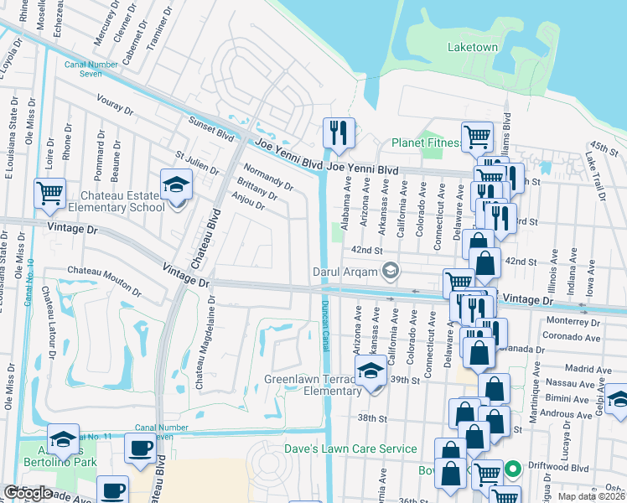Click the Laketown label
coord(473,47)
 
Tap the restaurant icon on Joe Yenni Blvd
coord(339,132)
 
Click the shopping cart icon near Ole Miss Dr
coord(49,193)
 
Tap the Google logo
coord(28,493)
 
